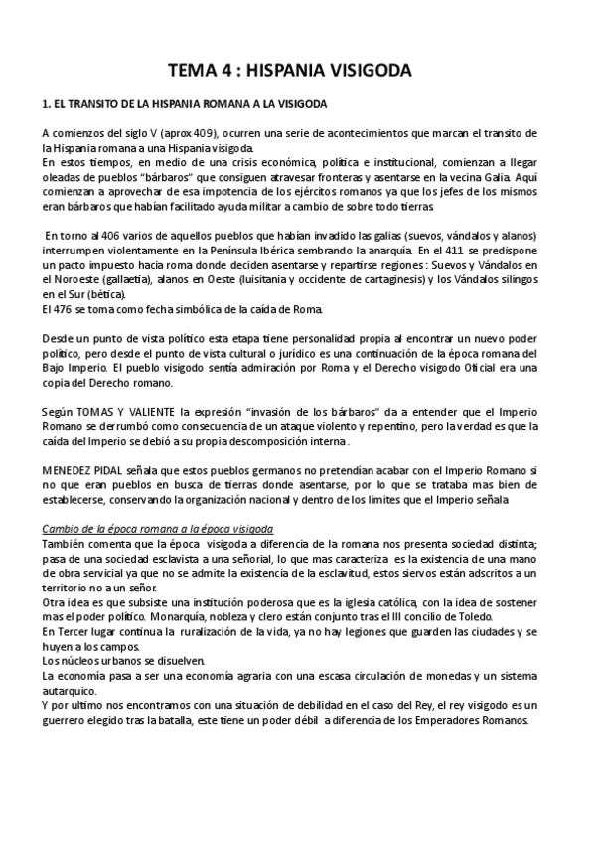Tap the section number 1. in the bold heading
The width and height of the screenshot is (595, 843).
[x=47, y=105]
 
